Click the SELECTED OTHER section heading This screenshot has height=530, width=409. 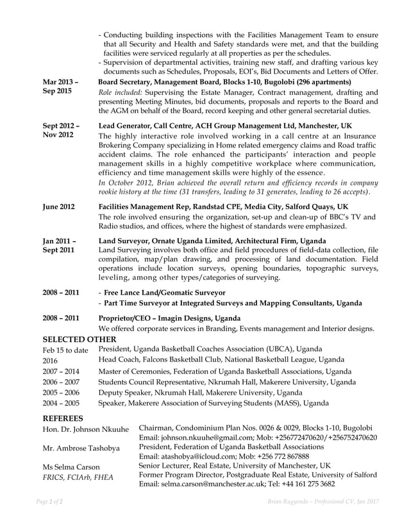79,339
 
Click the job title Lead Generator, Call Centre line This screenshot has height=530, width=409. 225,126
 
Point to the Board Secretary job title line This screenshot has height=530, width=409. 224,82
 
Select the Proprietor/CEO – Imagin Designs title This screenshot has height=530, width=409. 169,318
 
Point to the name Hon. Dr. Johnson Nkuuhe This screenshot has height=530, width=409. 85,429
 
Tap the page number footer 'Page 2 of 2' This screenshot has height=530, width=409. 49,500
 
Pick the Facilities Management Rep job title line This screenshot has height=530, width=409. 223,207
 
